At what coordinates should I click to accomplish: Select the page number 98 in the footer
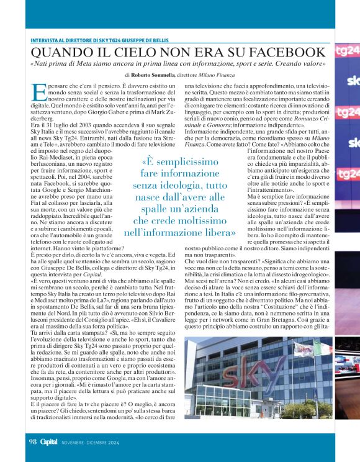click(x=33, y=442)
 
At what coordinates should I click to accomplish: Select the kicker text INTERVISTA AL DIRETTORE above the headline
click(x=64, y=40)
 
